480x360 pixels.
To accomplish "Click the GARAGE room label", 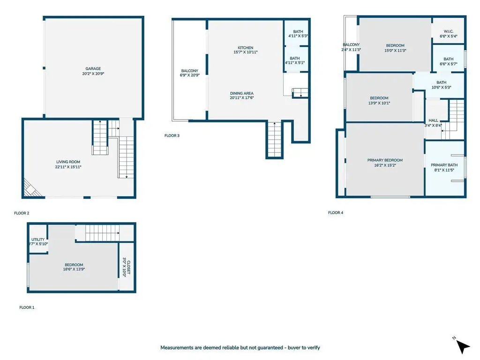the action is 93,68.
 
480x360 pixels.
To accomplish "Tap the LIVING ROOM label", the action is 68,162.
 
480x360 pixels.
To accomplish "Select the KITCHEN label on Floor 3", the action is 246,48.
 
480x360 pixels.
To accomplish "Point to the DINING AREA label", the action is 242,93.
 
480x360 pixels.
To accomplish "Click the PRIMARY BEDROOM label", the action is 385,160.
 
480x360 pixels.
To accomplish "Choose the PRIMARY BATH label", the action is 444,165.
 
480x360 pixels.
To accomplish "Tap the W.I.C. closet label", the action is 449,31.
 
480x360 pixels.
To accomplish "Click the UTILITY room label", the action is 38,240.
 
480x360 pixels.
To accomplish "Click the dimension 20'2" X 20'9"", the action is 93,74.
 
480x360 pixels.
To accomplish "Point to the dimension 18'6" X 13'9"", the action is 74,270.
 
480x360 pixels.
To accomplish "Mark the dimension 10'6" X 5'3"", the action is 442,87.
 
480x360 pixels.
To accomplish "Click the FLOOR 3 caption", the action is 172,135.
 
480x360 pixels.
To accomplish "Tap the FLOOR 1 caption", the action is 27,307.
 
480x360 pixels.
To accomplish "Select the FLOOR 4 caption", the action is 336,213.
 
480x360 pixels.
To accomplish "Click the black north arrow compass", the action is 462,346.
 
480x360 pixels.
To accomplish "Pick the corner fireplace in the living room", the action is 31,188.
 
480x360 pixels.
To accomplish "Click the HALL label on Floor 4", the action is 434,120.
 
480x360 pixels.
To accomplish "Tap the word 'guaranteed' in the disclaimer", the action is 270,348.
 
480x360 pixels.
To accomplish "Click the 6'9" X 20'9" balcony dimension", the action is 190,75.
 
